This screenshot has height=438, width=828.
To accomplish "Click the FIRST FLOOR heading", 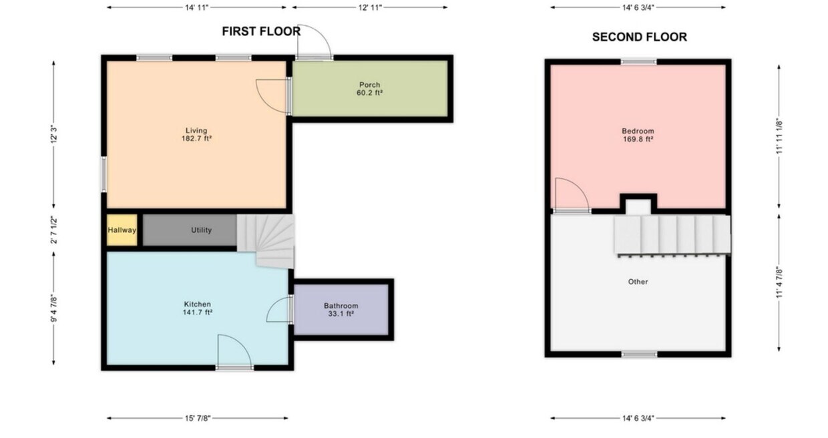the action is click(x=261, y=31).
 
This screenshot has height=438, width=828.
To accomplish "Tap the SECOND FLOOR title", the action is click(x=640, y=37).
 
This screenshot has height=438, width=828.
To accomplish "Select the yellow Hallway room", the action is click(x=122, y=230).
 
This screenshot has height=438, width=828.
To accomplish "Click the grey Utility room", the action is click(x=190, y=230).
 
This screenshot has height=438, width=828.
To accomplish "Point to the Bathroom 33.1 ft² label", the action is click(x=341, y=310).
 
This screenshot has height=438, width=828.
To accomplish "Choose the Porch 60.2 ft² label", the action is click(x=369, y=89).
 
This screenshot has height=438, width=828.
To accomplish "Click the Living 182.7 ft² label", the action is click(x=196, y=135).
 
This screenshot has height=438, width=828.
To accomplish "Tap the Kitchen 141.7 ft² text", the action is click(x=198, y=308).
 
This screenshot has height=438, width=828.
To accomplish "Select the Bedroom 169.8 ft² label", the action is click(x=638, y=135).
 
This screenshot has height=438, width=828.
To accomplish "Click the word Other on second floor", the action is click(x=638, y=282).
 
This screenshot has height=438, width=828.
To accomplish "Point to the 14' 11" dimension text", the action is click(x=196, y=7).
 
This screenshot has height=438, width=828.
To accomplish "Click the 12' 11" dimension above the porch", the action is click(x=370, y=7).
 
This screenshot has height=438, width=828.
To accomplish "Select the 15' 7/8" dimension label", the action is click(x=198, y=419).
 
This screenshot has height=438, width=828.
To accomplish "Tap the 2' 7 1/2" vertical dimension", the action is click(x=54, y=230).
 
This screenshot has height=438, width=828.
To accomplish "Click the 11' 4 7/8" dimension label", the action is click(x=779, y=282).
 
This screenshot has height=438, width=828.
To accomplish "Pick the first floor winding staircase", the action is click(x=266, y=241).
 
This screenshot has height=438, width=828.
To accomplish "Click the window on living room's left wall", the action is click(x=104, y=174).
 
